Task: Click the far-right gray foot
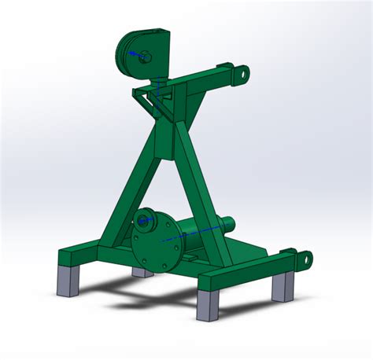tap(283, 286)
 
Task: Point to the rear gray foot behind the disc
tap(142, 272)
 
